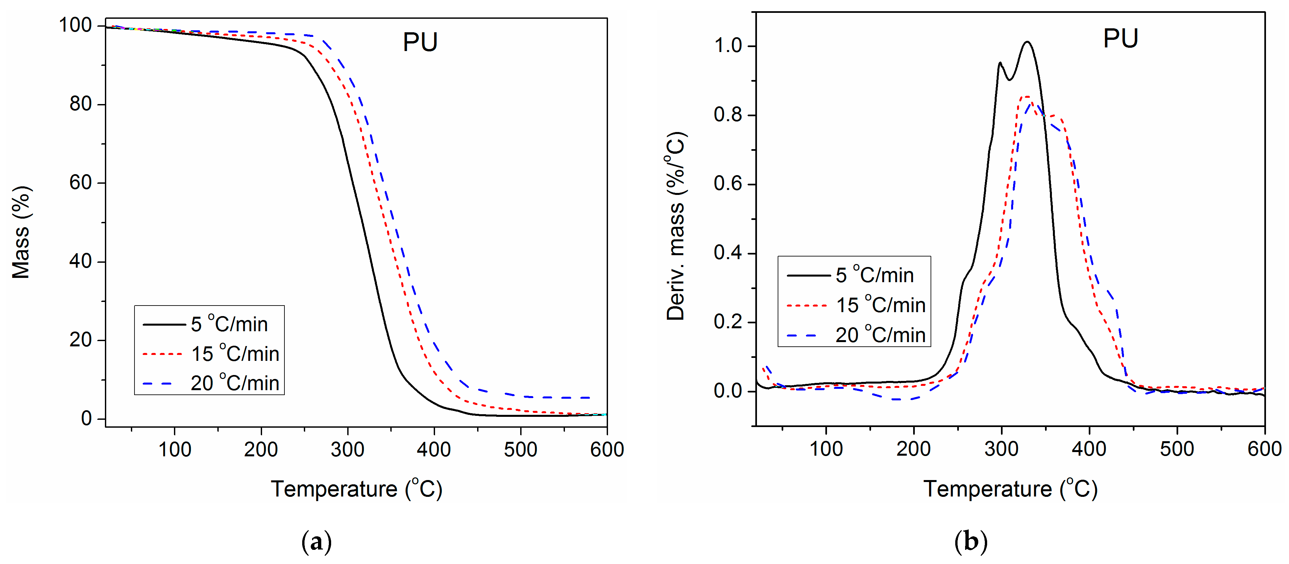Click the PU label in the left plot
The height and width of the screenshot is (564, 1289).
pos(420,42)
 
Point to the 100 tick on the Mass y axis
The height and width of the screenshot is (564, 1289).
pos(75,25)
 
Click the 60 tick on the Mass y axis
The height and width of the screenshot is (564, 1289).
pos(80,183)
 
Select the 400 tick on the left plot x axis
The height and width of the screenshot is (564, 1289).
pos(434,450)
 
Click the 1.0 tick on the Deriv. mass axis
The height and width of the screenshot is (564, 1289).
pos(728,46)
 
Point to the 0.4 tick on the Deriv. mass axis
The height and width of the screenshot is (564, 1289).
pos(728,253)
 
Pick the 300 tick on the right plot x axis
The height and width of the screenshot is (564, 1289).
pos(1001,449)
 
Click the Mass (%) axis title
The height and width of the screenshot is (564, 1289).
pos(21,232)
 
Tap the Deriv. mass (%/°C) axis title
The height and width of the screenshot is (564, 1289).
pos(675,226)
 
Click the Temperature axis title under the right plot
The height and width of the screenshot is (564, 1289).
pos(1010,489)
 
